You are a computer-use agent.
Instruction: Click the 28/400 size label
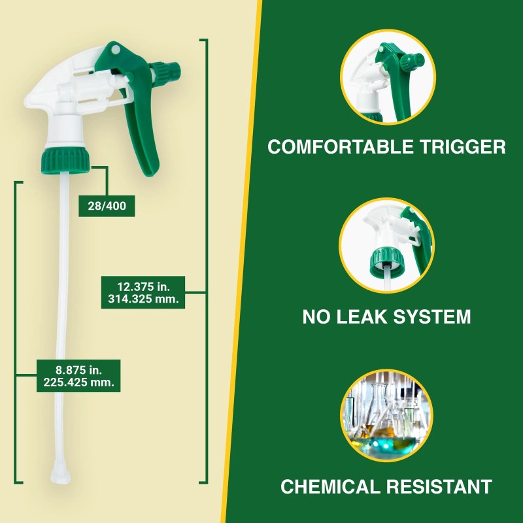click(107, 206)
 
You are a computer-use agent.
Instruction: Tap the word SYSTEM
click(433, 318)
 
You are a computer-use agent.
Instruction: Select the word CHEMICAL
click(336, 487)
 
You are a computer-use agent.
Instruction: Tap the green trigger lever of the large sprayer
click(144, 131)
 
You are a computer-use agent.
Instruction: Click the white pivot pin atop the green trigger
click(115, 50)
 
